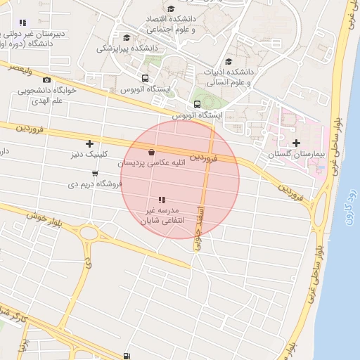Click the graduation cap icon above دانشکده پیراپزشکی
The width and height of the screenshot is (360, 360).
point(127,38)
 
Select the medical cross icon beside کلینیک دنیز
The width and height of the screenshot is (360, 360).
point(89,143)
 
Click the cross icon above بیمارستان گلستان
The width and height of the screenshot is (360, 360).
point(296,143)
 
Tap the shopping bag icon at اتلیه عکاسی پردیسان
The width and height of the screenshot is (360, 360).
point(152,152)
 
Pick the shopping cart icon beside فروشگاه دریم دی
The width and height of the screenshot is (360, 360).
point(95,173)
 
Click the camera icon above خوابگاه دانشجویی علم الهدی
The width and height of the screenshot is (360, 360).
point(47,80)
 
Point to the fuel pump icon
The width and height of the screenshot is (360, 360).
point(126,356)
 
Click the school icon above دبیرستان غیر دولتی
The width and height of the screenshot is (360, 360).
point(23,22)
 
